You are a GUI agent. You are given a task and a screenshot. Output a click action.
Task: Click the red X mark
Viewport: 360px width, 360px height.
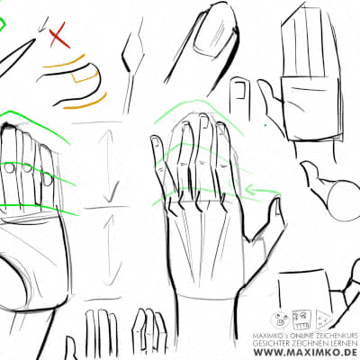tap(59, 36)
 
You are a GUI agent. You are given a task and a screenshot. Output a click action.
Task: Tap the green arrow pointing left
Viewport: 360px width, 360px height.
tap(263, 191)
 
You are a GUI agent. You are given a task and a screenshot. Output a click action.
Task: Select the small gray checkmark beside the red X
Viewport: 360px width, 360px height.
tap(43, 25)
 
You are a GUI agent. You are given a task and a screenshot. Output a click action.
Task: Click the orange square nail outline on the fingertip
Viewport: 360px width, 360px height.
tap(85, 75)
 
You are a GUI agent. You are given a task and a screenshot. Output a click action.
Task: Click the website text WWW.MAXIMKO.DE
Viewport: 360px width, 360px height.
tap(305, 352)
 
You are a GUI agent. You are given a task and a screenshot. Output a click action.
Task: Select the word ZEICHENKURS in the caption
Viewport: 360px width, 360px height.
tap(336, 335)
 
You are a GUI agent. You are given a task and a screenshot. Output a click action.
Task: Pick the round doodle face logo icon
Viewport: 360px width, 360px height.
tap(280, 319)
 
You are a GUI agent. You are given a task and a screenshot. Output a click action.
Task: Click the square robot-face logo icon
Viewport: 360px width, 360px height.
tap(301, 319)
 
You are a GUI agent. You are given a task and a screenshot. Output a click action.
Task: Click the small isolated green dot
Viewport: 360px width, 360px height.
tap(265, 125)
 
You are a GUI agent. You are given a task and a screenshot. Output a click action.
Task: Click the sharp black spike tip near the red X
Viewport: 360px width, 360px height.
tap(34, 40)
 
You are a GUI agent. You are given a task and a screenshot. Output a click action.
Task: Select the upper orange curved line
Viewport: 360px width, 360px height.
tap(65, 62)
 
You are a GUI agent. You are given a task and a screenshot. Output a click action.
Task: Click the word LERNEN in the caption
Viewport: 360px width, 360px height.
tap(344, 343)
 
